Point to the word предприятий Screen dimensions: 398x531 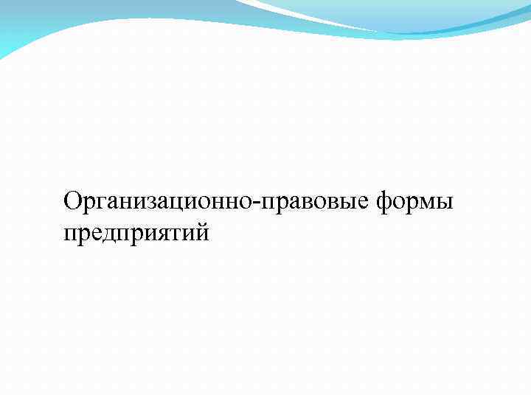tap(136, 234)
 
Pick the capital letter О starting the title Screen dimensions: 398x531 tap(72, 200)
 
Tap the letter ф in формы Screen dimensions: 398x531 tap(386, 201)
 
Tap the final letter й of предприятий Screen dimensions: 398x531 tap(203, 234)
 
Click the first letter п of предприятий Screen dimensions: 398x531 tap(71, 235)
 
